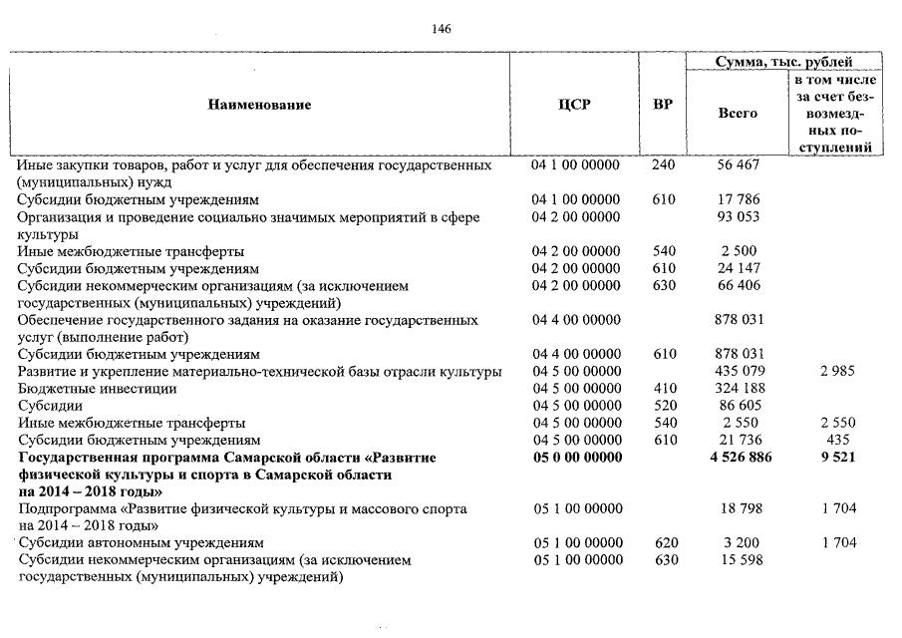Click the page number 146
(442, 29)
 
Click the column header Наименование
(259, 105)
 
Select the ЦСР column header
(575, 105)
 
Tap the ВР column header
(662, 105)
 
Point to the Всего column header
(738, 113)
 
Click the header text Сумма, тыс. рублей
(784, 62)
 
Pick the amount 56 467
(739, 164)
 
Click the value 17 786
(739, 199)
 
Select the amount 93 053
(739, 217)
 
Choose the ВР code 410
(663, 388)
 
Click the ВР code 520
(663, 406)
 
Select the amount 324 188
(739, 388)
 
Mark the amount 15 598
(739, 561)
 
